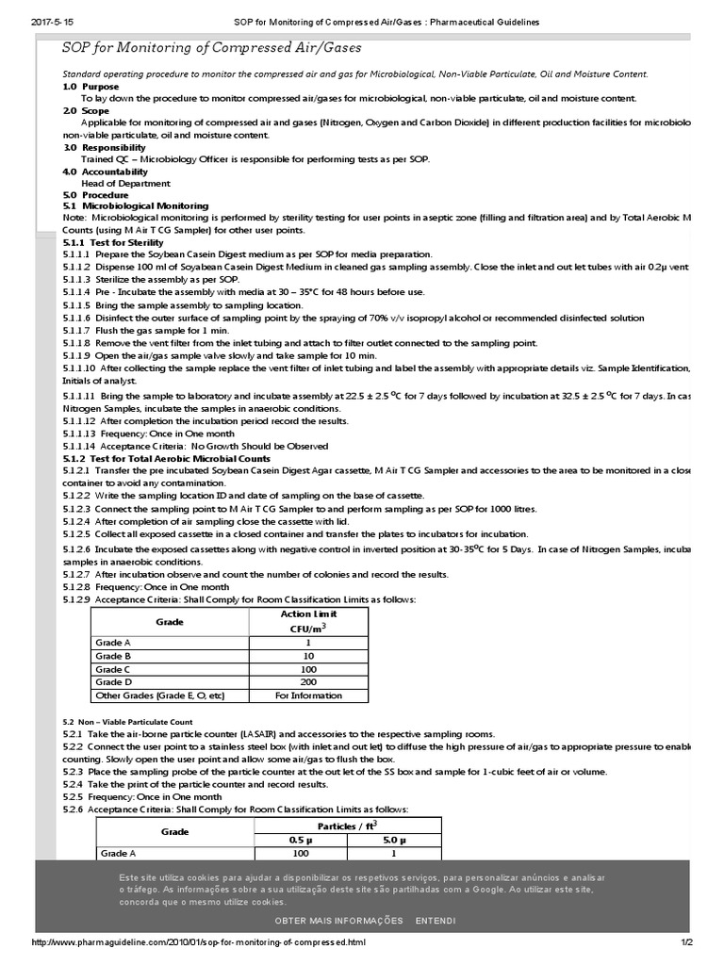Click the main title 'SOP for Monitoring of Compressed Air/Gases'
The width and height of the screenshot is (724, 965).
[211, 47]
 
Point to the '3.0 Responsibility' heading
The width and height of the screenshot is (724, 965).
[104, 147]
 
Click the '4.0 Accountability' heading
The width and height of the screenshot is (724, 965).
[106, 172]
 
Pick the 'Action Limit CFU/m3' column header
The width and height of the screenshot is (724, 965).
[309, 620]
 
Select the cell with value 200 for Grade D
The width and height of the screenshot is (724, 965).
[309, 681]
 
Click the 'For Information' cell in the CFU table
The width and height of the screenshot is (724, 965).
[309, 695]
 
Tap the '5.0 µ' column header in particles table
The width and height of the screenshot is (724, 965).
[394, 839]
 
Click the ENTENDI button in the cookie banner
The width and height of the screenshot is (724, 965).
[435, 920]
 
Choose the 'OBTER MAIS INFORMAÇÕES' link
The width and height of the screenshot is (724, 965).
[338, 920]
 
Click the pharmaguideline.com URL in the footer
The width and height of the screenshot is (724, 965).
[198, 942]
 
